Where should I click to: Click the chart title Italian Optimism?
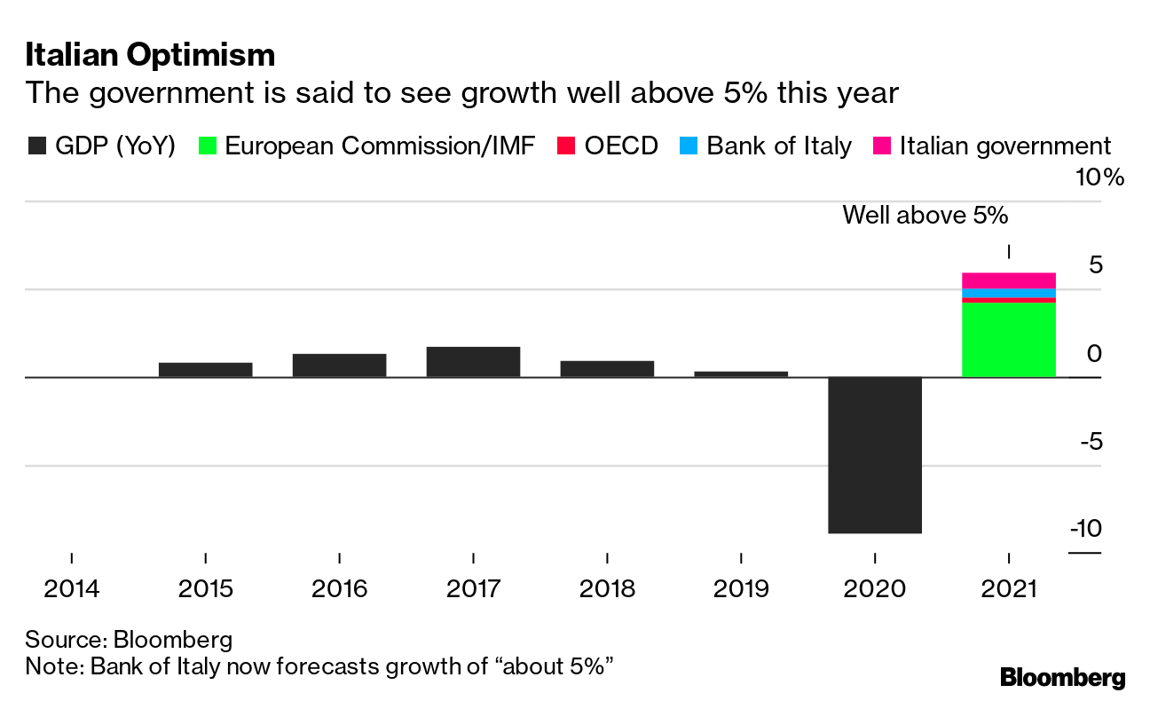(x=150, y=55)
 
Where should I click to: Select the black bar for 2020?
(x=875, y=454)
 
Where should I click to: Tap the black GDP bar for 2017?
(x=473, y=361)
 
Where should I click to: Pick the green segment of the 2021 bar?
(x=1009, y=340)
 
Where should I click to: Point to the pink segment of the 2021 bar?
(x=1009, y=280)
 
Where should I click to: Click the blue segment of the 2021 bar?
(x=1009, y=294)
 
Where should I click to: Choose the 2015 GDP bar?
(x=205, y=369)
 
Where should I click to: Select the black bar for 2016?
(x=339, y=365)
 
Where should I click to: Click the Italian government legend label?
(x=1004, y=146)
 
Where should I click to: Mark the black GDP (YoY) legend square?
(x=36, y=146)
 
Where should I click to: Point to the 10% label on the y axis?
(x=1099, y=177)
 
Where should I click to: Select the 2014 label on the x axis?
(x=71, y=588)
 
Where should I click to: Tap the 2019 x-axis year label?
(x=741, y=588)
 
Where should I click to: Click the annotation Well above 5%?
(x=926, y=215)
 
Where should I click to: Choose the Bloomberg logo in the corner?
(x=1062, y=678)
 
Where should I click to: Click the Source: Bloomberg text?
(x=129, y=640)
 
